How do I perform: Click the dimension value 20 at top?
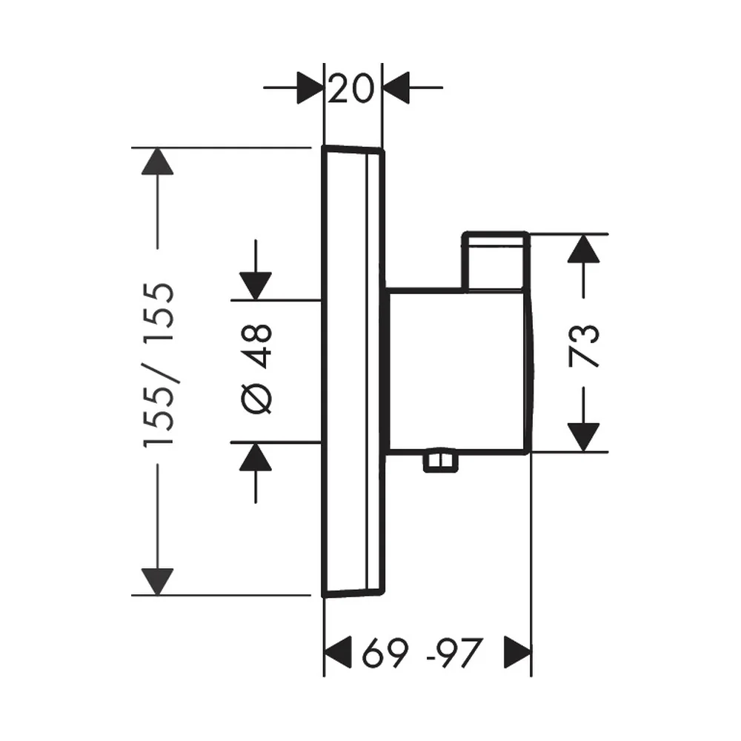[350, 89]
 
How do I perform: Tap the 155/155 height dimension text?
[159, 364]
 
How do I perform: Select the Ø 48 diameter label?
[256, 369]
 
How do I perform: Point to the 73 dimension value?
[584, 346]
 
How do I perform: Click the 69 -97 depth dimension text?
[422, 653]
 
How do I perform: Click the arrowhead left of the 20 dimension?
[310, 87]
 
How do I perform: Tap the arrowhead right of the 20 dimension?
[396, 87]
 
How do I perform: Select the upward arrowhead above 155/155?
[157, 161]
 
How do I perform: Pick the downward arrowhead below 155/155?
[157, 582]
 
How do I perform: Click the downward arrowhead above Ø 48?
[256, 286]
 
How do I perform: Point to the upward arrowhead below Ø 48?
[256, 456]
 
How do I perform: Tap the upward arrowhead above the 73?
[584, 248]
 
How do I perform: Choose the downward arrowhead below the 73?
[584, 438]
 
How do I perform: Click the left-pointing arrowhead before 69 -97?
[338, 652]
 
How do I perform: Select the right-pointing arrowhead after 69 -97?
[517, 652]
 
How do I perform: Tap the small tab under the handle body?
[440, 460]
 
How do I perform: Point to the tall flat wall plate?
[353, 371]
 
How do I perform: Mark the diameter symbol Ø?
[256, 397]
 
